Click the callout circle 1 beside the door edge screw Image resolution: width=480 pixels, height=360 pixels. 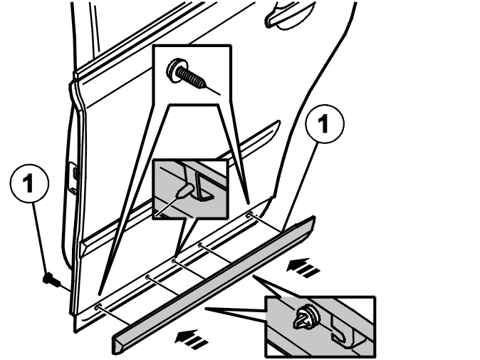(29, 183)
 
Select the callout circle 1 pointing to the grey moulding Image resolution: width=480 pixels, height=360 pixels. (325, 124)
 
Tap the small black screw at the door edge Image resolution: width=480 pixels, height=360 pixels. (51, 279)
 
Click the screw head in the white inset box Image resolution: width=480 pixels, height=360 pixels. (174, 70)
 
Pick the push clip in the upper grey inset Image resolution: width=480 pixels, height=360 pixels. (184, 190)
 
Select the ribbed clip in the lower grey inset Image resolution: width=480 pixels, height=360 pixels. (306, 317)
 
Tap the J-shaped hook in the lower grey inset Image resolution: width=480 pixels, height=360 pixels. (340, 331)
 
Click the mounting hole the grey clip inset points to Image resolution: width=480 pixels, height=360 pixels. (174, 261)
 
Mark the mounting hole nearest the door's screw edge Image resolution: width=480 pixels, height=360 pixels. (98, 307)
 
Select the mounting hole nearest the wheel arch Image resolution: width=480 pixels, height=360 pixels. (249, 215)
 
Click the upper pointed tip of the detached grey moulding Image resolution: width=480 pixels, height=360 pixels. (313, 218)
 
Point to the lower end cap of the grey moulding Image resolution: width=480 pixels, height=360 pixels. (117, 345)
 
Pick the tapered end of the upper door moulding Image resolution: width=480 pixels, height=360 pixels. (277, 124)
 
